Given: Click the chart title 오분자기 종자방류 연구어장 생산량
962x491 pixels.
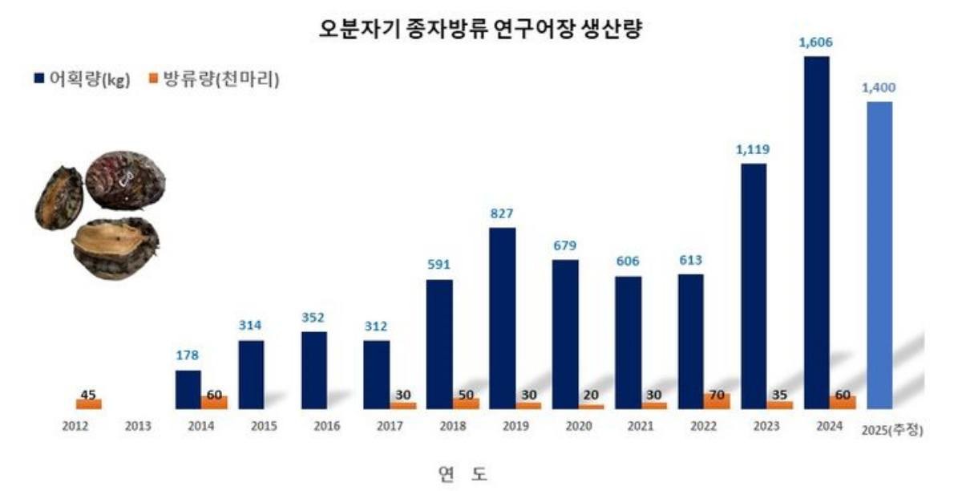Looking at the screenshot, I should [x=479, y=30].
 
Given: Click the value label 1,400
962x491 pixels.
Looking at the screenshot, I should [x=879, y=88].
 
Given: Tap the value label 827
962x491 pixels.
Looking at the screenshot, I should [x=502, y=214].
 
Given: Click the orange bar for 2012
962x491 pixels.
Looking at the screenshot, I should [x=89, y=404].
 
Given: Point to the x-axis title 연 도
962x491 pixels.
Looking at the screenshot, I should [x=463, y=474].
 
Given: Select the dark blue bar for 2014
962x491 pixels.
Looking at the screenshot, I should [x=188, y=389].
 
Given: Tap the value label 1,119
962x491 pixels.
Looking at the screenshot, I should [x=754, y=150].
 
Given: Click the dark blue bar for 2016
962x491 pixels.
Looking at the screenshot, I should [x=313, y=370].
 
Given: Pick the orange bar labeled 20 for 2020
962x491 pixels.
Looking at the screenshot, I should [x=591, y=406].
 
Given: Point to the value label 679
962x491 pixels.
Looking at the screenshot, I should [x=564, y=245].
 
